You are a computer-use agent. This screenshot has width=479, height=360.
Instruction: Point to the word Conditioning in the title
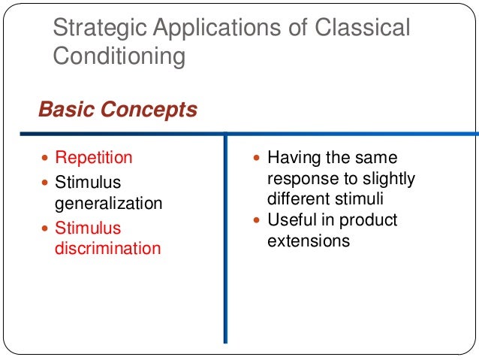coord(118,56)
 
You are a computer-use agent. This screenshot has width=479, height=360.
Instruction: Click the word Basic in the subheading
coord(63,110)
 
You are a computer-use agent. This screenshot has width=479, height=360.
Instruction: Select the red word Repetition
coord(94,158)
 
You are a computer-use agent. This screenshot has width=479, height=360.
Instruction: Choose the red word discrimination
coord(108,248)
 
